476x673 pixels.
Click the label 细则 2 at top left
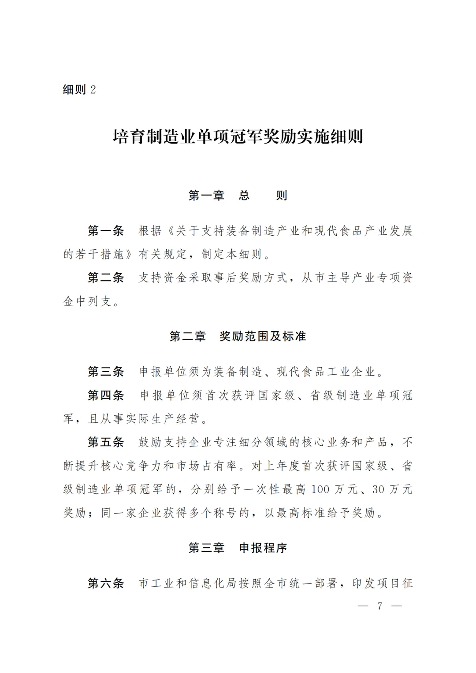click(x=79, y=90)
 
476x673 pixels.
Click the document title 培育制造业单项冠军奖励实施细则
click(x=238, y=137)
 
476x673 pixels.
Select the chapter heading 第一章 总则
click(x=238, y=196)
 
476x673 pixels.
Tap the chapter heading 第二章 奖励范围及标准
click(x=238, y=336)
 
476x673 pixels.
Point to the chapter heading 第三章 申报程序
click(x=238, y=548)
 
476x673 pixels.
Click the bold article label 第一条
click(x=106, y=231)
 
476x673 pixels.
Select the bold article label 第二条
click(x=106, y=277)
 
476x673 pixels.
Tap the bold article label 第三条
click(x=106, y=372)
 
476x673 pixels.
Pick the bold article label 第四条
click(x=106, y=395)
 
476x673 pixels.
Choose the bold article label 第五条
click(x=106, y=442)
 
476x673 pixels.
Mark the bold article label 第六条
click(x=106, y=583)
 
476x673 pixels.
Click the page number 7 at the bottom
click(x=379, y=606)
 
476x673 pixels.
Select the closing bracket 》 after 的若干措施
click(x=131, y=255)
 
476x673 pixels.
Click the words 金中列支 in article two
click(x=87, y=301)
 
